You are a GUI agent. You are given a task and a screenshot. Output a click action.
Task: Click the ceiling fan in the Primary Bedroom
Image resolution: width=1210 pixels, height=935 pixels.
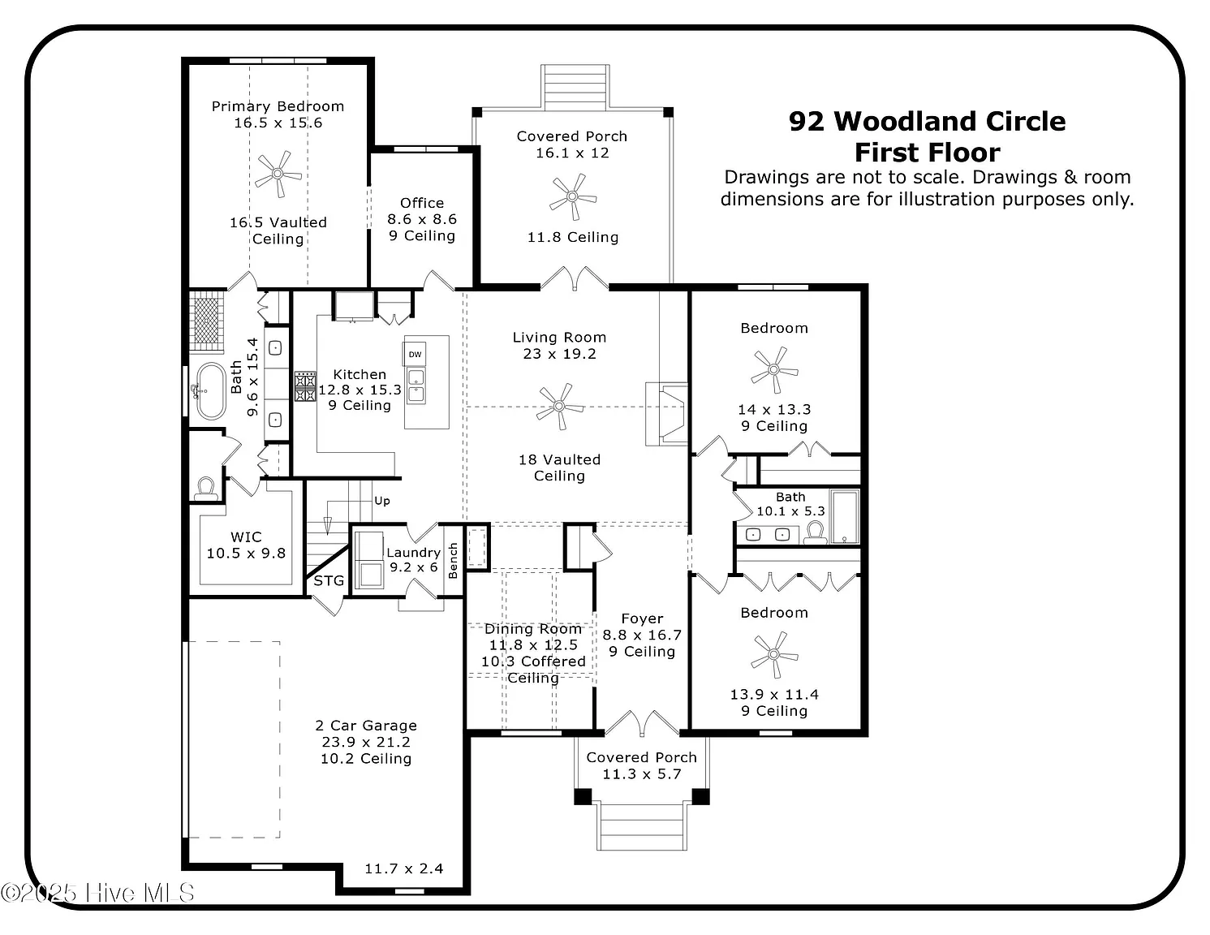278,174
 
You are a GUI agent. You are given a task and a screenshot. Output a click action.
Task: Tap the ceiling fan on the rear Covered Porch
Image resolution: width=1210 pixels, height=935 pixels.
572,196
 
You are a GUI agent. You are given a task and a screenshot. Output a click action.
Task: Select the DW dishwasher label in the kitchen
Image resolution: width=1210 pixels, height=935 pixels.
415,354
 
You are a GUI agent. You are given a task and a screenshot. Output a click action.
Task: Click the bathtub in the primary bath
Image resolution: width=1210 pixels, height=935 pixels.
211,391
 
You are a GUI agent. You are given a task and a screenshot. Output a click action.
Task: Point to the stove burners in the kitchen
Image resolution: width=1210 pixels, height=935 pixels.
304,386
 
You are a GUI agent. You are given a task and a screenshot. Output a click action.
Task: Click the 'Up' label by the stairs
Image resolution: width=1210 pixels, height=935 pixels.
382,501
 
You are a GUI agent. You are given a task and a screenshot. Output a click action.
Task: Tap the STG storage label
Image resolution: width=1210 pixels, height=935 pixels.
329,581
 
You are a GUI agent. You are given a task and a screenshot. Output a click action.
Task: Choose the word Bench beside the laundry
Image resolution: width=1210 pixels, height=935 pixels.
453,561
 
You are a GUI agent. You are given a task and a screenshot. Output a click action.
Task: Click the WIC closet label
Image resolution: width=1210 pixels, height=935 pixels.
246,536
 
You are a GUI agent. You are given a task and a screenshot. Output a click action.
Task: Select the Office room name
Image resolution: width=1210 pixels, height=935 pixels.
422,203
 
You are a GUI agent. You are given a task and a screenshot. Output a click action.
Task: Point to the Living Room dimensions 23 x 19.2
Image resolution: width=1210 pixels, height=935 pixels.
560,354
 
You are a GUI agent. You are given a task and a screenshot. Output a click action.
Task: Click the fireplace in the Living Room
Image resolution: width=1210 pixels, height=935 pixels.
666,414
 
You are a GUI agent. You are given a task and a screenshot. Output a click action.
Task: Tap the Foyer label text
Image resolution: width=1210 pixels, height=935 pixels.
642,618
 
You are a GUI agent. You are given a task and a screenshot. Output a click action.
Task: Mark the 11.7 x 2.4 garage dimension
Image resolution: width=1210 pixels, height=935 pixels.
403,868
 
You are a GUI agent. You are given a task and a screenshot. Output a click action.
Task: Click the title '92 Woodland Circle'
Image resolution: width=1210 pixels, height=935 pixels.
927,122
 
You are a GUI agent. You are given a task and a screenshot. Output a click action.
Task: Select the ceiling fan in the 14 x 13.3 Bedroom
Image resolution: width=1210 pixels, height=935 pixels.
774,370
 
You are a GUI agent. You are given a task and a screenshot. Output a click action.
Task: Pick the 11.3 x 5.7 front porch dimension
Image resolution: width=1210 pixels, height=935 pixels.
642,774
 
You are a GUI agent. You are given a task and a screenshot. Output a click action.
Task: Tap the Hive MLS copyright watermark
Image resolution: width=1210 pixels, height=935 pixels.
97,893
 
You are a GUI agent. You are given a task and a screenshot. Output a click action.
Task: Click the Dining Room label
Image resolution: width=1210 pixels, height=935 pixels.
533,629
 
